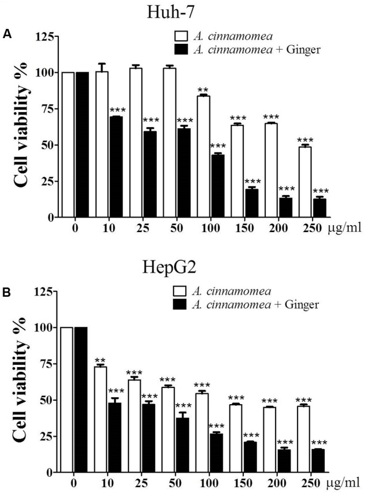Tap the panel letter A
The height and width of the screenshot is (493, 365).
[x=7, y=35]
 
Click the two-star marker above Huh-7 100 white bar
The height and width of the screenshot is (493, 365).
[x=203, y=90]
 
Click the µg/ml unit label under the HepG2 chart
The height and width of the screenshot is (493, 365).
[x=345, y=484]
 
